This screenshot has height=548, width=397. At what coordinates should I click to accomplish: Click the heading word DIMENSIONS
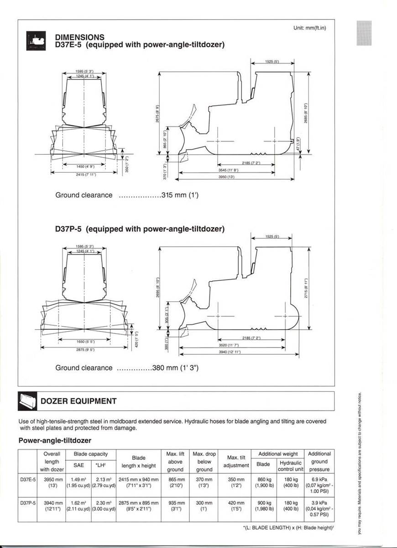pyautogui.click(x=79, y=37)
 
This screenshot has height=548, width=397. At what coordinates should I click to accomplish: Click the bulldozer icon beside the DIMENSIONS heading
pyautogui.click(x=37, y=41)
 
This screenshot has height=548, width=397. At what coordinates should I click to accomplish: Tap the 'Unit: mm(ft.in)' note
pyautogui.click(x=310, y=28)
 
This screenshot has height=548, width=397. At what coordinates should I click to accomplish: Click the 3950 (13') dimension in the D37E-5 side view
pyautogui.click(x=226, y=177)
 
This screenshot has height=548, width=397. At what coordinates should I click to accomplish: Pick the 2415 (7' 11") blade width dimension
pyautogui.click(x=85, y=174)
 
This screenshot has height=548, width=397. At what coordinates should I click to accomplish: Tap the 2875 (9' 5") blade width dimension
pyautogui.click(x=85, y=350)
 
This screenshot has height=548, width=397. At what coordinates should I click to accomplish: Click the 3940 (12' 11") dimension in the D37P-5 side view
pyautogui.click(x=230, y=352)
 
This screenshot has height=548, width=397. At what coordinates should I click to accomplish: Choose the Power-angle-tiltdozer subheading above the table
pyautogui.click(x=55, y=440)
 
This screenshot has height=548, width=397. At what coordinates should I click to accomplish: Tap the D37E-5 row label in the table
pyautogui.click(x=28, y=479)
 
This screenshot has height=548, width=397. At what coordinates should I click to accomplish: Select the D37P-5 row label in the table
pyautogui.click(x=28, y=503)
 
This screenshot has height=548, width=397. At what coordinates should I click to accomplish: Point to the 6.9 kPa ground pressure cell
pyautogui.click(x=319, y=479)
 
